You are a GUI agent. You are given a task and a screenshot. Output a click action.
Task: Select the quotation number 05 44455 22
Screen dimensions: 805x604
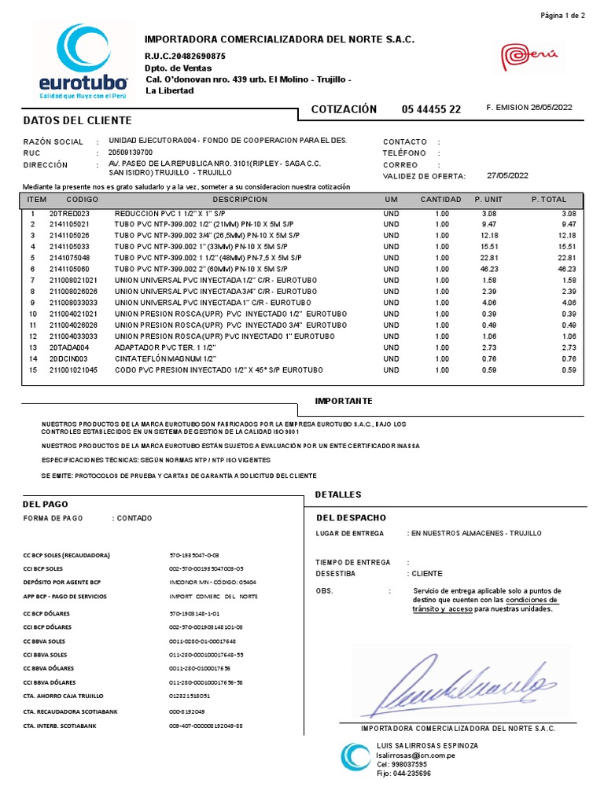point(431,109)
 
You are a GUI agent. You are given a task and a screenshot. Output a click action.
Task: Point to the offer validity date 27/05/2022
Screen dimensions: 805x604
point(507,175)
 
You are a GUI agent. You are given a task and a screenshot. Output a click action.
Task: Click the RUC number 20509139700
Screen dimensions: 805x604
point(131,153)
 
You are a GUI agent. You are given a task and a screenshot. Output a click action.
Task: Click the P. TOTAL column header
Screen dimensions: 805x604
point(548,200)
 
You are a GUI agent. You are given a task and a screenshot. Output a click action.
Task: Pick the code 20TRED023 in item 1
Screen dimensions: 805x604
point(69,213)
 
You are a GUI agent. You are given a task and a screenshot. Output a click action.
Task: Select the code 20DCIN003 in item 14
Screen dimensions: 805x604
point(69,358)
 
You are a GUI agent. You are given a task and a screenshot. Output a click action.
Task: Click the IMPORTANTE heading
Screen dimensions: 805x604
point(344,401)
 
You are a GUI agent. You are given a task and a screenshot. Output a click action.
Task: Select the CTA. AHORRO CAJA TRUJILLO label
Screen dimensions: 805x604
point(64,696)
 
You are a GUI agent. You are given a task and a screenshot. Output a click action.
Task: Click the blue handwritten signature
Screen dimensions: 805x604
point(464,682)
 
